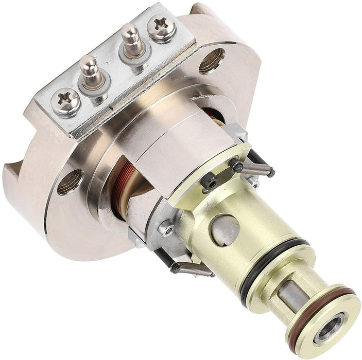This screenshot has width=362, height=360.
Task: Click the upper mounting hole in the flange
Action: (x=211, y=60)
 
